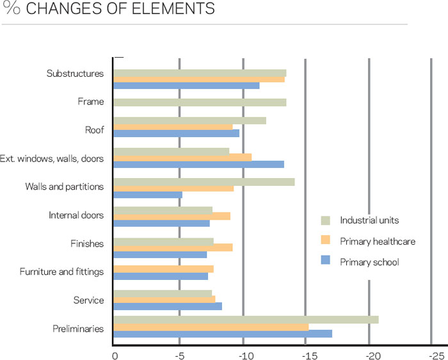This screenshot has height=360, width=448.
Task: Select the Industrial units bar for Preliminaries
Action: [246, 320]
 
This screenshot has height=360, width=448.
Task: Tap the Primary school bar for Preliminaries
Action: [223, 333]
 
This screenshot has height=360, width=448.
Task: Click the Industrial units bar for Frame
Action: [200, 102]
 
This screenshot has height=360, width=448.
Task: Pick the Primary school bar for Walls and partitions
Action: [148, 195]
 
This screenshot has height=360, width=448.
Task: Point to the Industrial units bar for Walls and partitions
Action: [204, 181]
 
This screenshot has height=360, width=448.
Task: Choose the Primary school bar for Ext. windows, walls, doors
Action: [198, 164]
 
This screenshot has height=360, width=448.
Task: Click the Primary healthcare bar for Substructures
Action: [199, 79]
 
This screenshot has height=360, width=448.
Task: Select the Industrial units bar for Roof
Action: [189, 120]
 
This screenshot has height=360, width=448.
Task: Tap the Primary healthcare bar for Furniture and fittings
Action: [163, 269]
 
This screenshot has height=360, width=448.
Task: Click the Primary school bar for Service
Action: [168, 306]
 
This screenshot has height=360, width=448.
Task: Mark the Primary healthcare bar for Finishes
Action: [173, 247]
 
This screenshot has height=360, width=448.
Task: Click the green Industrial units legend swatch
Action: [326, 220]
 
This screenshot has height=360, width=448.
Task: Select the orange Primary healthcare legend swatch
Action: [326, 241]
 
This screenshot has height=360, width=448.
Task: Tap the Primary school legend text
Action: [369, 261]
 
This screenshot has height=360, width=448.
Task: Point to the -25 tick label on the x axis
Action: [436, 354]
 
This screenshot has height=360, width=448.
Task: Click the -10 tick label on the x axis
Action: [244, 354]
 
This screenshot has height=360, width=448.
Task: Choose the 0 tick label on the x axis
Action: [115, 354]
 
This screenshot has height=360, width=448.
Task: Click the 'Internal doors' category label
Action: [76, 215]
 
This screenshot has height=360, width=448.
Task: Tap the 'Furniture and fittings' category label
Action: [61, 272]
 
